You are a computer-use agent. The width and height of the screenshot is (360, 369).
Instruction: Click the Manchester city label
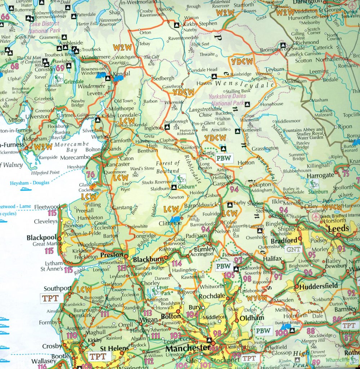point(187,348)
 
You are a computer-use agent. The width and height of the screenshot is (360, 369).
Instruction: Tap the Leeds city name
point(338,228)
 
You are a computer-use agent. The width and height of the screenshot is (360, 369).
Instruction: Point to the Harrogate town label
point(320,175)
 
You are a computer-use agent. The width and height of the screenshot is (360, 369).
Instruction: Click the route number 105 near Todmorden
point(229,275)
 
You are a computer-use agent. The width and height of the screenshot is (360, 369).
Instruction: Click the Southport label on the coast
point(57,289)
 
